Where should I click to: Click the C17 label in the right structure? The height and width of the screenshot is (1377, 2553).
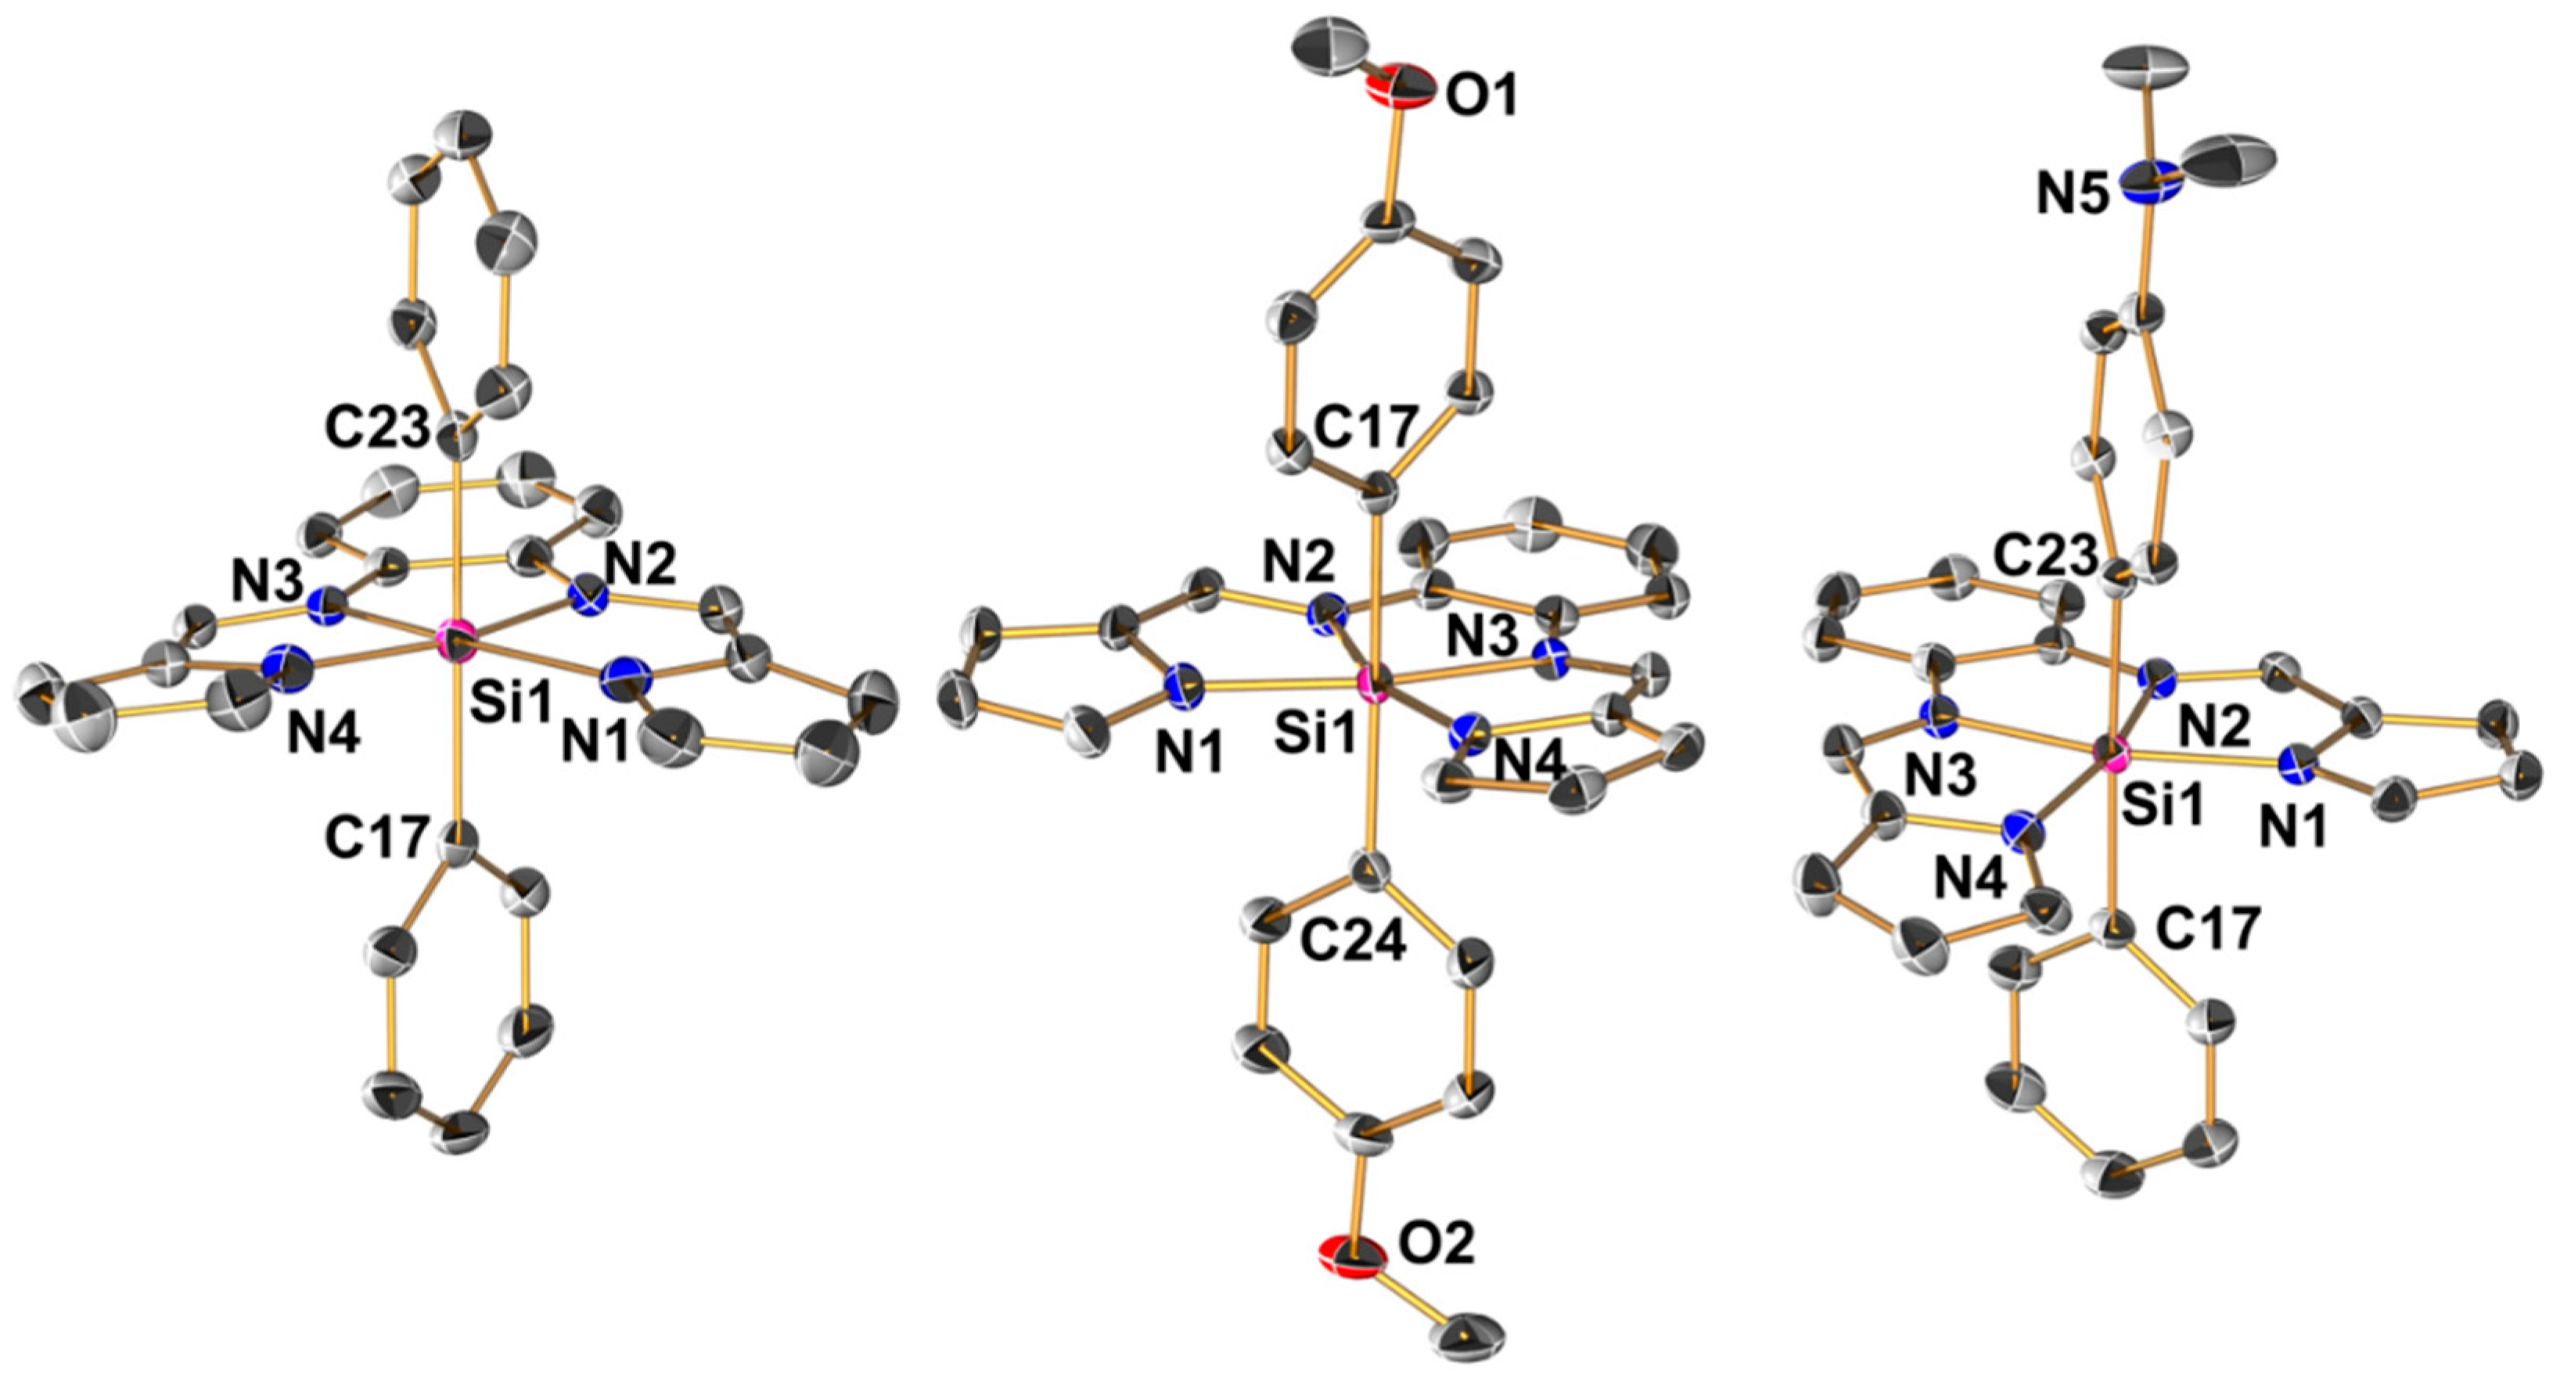click(2209, 929)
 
